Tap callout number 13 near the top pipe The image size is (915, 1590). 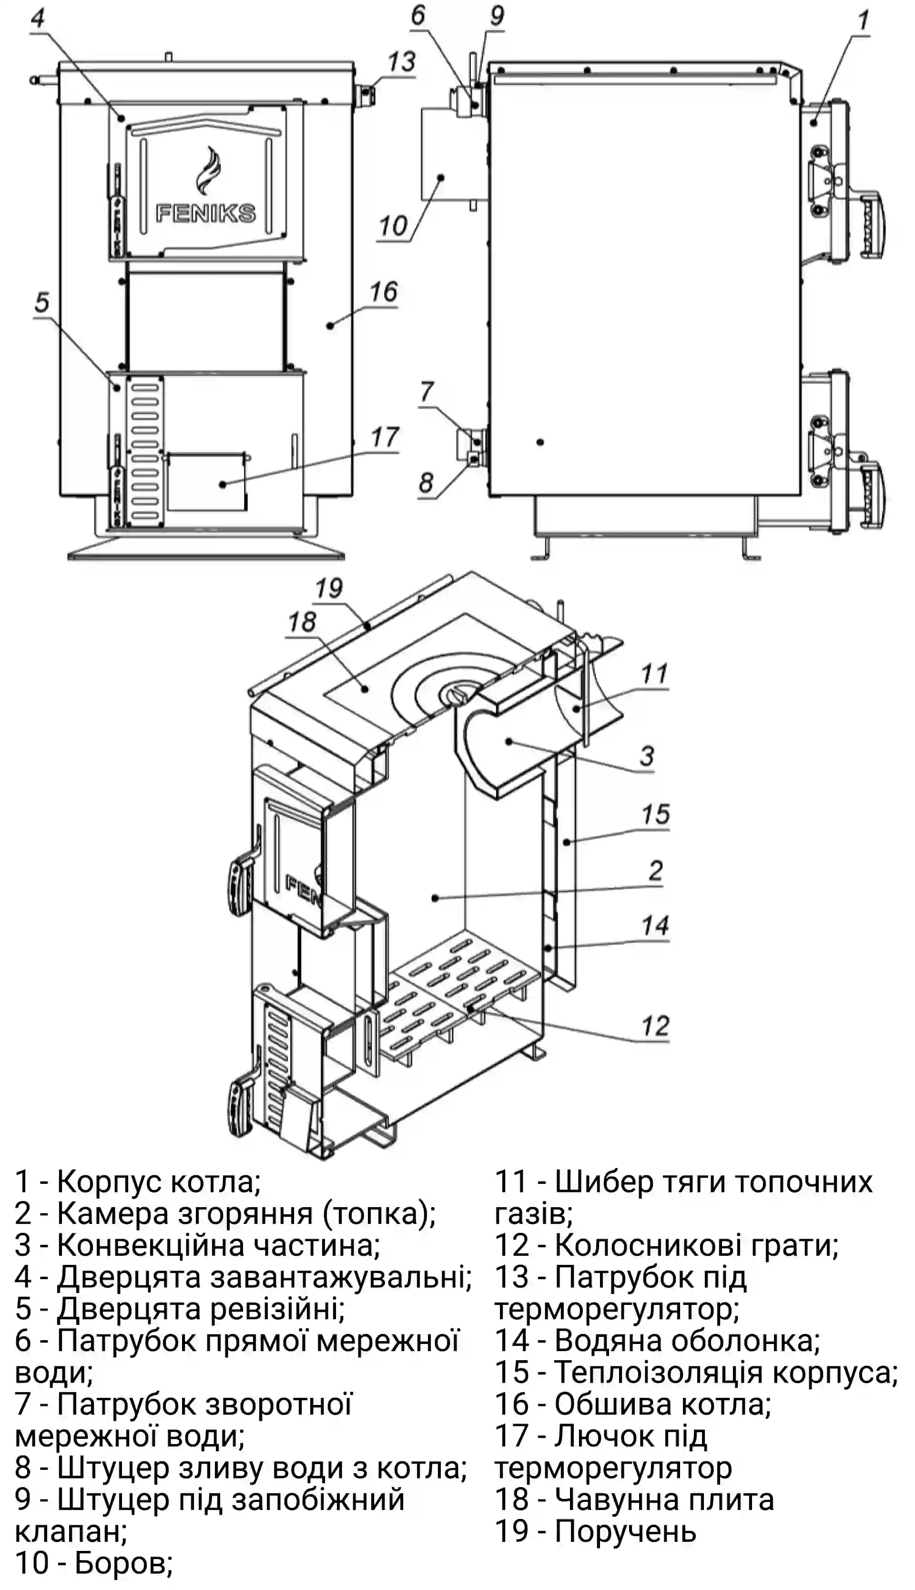(x=401, y=62)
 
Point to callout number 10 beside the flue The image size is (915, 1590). (x=393, y=225)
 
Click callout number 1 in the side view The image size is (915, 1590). (x=864, y=21)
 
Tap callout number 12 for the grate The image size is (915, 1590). (x=655, y=1026)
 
